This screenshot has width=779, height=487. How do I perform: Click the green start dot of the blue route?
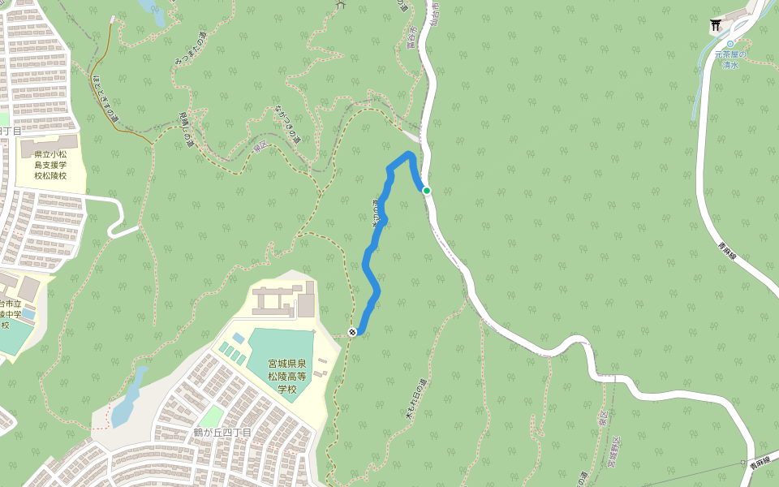[x=426, y=191]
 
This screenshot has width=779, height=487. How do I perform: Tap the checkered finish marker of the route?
[x=353, y=331]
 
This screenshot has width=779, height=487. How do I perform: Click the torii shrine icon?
[x=716, y=26]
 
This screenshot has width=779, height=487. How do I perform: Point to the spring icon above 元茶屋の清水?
[x=730, y=44]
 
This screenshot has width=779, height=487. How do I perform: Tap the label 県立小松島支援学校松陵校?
[x=50, y=163]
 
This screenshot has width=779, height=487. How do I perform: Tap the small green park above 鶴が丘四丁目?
[x=212, y=416]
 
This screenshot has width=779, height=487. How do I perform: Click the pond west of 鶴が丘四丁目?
[x=127, y=398]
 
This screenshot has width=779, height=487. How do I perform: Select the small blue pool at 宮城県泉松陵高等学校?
[x=238, y=337]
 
